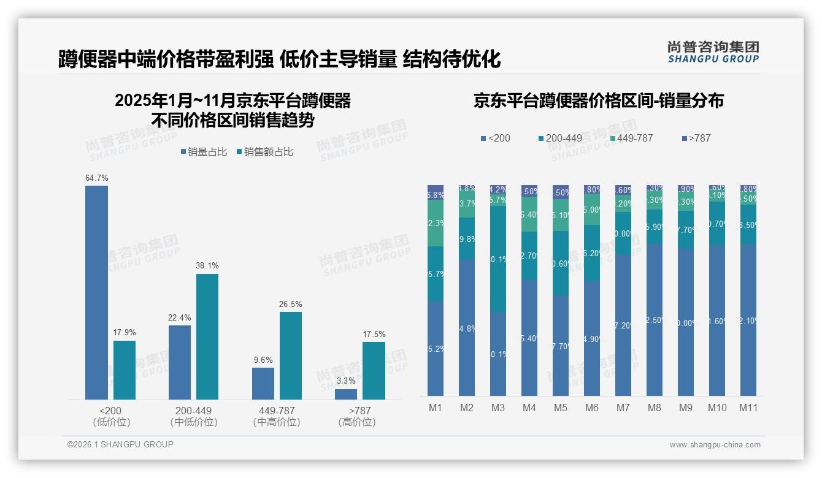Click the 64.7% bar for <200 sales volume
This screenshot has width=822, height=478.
(x=96, y=292)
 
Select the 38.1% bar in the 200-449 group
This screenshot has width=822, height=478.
(x=207, y=336)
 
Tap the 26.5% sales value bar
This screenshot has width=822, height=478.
(x=291, y=355)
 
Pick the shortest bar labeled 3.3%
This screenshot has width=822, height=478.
(x=346, y=394)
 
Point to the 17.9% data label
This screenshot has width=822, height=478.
(x=125, y=332)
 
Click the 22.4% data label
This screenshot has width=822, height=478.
(x=180, y=317)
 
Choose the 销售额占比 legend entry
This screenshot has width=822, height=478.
(x=265, y=152)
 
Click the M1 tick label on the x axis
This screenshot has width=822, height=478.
(x=436, y=408)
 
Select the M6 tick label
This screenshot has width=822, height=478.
(x=592, y=408)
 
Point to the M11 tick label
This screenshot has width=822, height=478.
(x=748, y=408)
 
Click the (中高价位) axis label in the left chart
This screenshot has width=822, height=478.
(x=276, y=422)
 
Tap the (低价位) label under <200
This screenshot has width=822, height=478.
(x=112, y=422)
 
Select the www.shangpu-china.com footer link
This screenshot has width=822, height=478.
(x=715, y=445)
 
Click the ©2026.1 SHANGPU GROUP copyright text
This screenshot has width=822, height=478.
(x=120, y=444)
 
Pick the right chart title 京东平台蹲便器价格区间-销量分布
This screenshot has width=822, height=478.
(x=598, y=101)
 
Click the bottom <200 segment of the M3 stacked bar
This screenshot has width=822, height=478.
(x=498, y=354)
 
